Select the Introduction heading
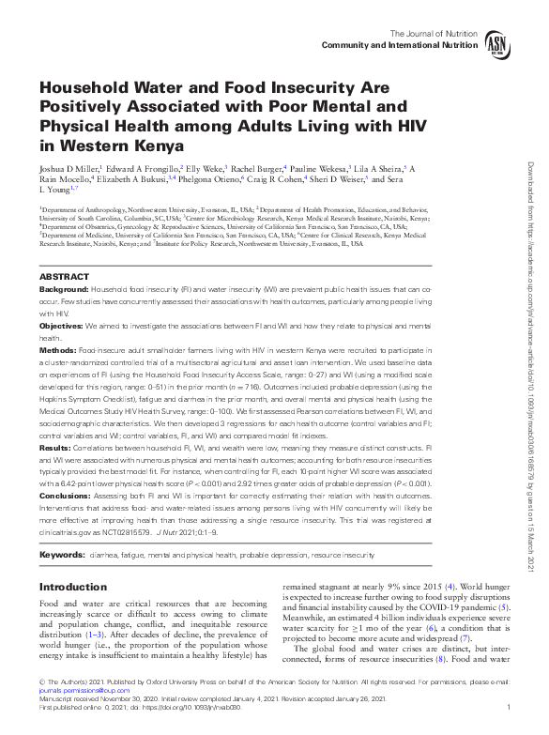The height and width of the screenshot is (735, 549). (x=72, y=587)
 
